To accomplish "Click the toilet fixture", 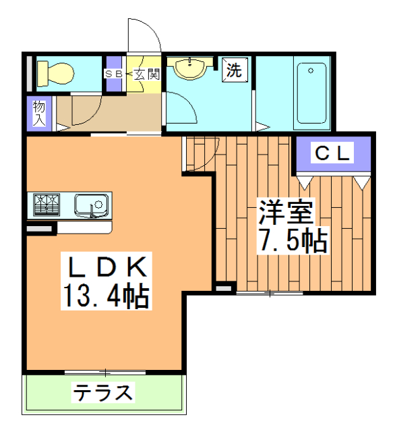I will pos(57,72).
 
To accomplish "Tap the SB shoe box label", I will pos(112,74).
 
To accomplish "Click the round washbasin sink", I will pos(190,68).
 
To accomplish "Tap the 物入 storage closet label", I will pos(40,113).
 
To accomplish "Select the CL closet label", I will pos(333,154).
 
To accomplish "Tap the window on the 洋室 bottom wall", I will pos(269,294).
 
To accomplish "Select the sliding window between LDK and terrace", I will pos(105,372).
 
